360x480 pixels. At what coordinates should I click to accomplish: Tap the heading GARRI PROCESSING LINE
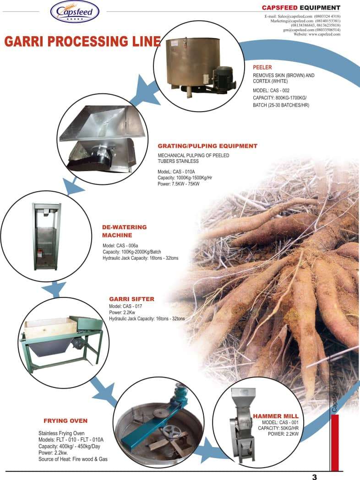click(x=82, y=42)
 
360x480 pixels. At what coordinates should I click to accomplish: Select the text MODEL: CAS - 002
click(x=271, y=91)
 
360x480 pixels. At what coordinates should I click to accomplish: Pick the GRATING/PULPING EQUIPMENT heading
click(x=207, y=146)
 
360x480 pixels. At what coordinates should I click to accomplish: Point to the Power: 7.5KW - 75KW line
click(x=179, y=184)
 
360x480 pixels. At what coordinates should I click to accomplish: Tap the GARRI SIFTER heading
click(x=131, y=299)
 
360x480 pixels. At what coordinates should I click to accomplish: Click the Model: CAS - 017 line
click(x=126, y=306)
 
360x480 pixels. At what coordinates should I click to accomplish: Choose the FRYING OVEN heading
click(x=65, y=420)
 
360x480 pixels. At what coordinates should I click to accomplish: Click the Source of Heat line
click(x=72, y=459)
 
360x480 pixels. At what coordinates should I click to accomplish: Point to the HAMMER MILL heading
click(x=282, y=416)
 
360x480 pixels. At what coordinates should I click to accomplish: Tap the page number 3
click(x=314, y=476)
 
